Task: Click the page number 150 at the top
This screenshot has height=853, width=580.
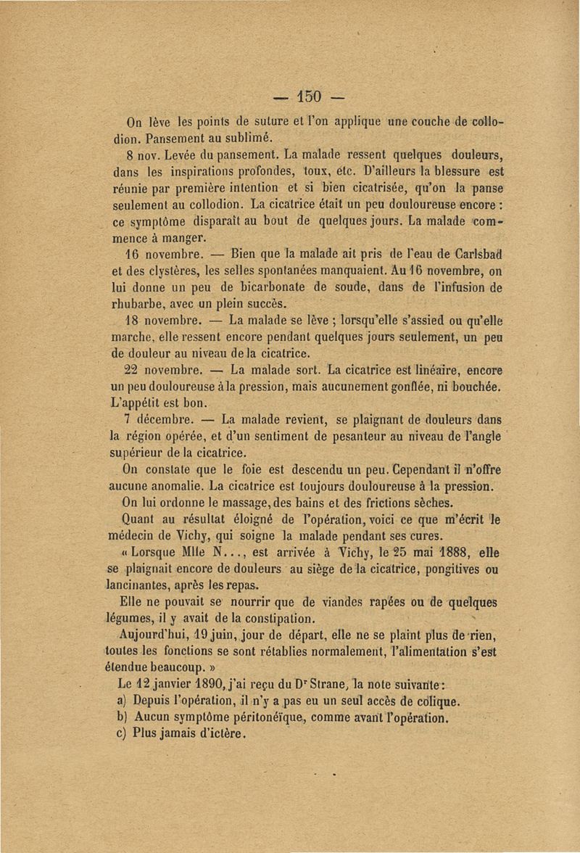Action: tap(310, 96)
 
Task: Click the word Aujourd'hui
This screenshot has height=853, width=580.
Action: tap(149, 635)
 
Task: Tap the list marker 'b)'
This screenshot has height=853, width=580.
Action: tap(123, 718)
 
